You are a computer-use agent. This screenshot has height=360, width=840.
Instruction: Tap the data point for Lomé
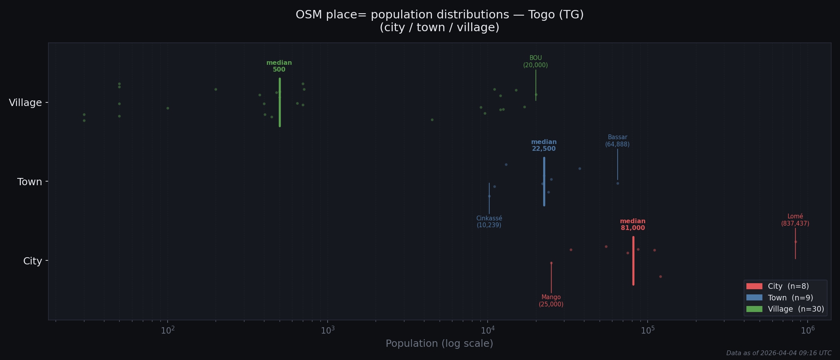tap(795, 242)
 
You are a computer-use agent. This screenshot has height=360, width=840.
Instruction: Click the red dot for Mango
tap(551, 263)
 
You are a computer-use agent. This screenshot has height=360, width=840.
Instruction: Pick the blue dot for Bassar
tap(618, 183)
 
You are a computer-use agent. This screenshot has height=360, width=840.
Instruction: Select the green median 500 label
tap(279, 66)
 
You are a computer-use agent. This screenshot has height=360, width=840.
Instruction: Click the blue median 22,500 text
tap(544, 146)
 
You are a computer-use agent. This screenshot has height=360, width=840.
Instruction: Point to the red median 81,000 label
tap(633, 225)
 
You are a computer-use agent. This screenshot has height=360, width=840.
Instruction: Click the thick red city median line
tap(633, 261)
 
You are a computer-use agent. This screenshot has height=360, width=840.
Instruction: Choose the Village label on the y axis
tap(26, 103)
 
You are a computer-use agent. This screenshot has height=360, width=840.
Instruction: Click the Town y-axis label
tap(30, 182)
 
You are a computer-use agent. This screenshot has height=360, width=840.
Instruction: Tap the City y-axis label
tap(32, 261)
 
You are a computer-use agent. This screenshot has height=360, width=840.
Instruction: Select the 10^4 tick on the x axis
tap(488, 330)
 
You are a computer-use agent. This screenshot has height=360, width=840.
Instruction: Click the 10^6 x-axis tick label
tap(808, 330)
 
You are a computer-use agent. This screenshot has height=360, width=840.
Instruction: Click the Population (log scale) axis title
tap(439, 344)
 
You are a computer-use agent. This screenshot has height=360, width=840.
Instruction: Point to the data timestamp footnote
tap(778, 353)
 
